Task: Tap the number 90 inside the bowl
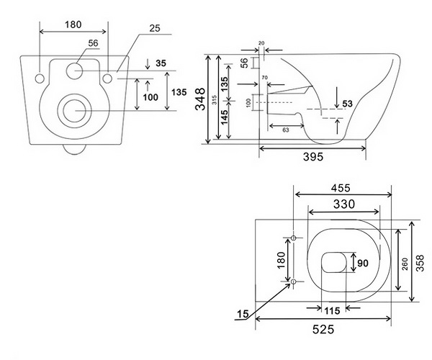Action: (364, 264)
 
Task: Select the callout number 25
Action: (156, 30)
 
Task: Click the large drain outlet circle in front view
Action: (74, 110)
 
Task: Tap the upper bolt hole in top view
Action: (294, 237)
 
